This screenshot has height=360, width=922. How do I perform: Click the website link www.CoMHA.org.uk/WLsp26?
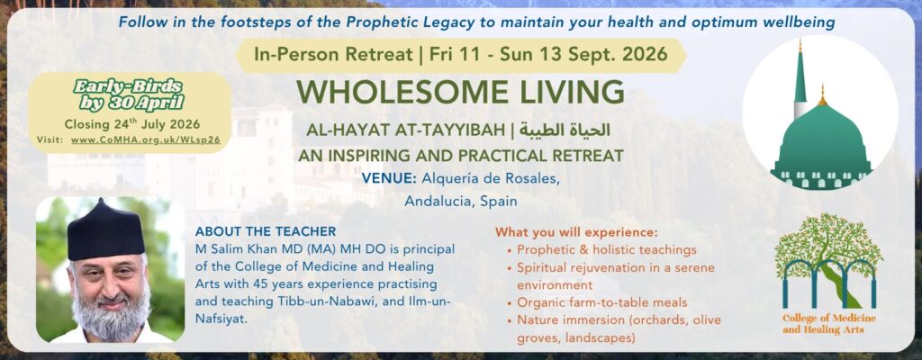pyautogui.click(x=146, y=140)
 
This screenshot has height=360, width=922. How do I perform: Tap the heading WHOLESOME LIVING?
pyautogui.click(x=460, y=93)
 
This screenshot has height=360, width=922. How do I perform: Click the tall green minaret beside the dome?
pyautogui.click(x=800, y=79)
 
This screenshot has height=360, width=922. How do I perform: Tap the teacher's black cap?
pyautogui.click(x=106, y=230)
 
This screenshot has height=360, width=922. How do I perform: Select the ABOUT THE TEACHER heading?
pyautogui.click(x=266, y=232)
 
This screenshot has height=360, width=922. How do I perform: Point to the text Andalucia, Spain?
pyautogui.click(x=461, y=202)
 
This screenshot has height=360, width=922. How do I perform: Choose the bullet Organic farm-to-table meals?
pyautogui.click(x=602, y=303)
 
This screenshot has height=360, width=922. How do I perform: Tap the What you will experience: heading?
pyautogui.click(x=576, y=232)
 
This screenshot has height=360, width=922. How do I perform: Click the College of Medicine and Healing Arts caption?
pyautogui.click(x=829, y=324)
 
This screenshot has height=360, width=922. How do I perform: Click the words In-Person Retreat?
pyautogui.click(x=333, y=55)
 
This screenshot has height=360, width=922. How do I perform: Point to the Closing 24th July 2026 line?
pyautogui.click(x=132, y=124)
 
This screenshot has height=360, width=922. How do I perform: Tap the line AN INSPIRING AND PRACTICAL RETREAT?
pyautogui.click(x=460, y=156)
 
